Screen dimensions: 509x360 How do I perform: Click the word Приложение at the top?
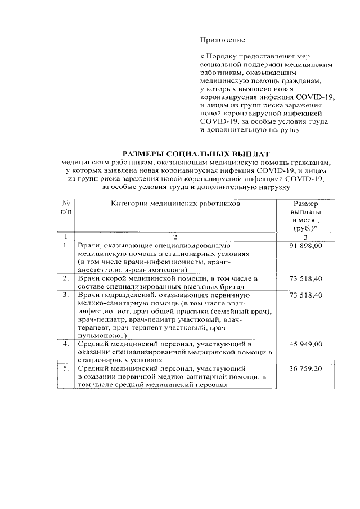(x=223, y=40)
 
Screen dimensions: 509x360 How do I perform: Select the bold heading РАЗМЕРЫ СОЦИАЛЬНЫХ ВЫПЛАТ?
(x=196, y=154)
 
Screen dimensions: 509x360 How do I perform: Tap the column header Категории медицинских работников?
(x=175, y=204)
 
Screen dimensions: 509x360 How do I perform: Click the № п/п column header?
(x=66, y=208)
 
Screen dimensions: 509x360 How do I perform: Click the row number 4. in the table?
(x=66, y=344)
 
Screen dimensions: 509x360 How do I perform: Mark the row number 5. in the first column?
(x=66, y=368)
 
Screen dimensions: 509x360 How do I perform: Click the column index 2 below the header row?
(x=175, y=236)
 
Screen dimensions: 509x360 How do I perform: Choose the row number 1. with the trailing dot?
(x=66, y=246)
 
